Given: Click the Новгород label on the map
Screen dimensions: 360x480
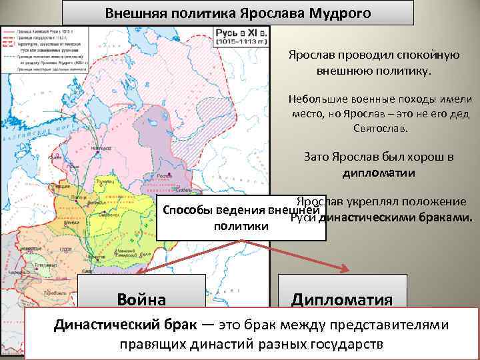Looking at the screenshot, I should coord(101,149).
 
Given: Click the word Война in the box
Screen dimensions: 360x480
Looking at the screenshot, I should coord(141,298).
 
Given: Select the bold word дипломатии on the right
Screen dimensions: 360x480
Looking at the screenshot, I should coord(379,173).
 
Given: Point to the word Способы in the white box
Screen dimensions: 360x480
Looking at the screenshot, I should coord(186,212).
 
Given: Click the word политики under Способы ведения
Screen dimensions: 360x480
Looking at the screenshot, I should coord(241,227).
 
